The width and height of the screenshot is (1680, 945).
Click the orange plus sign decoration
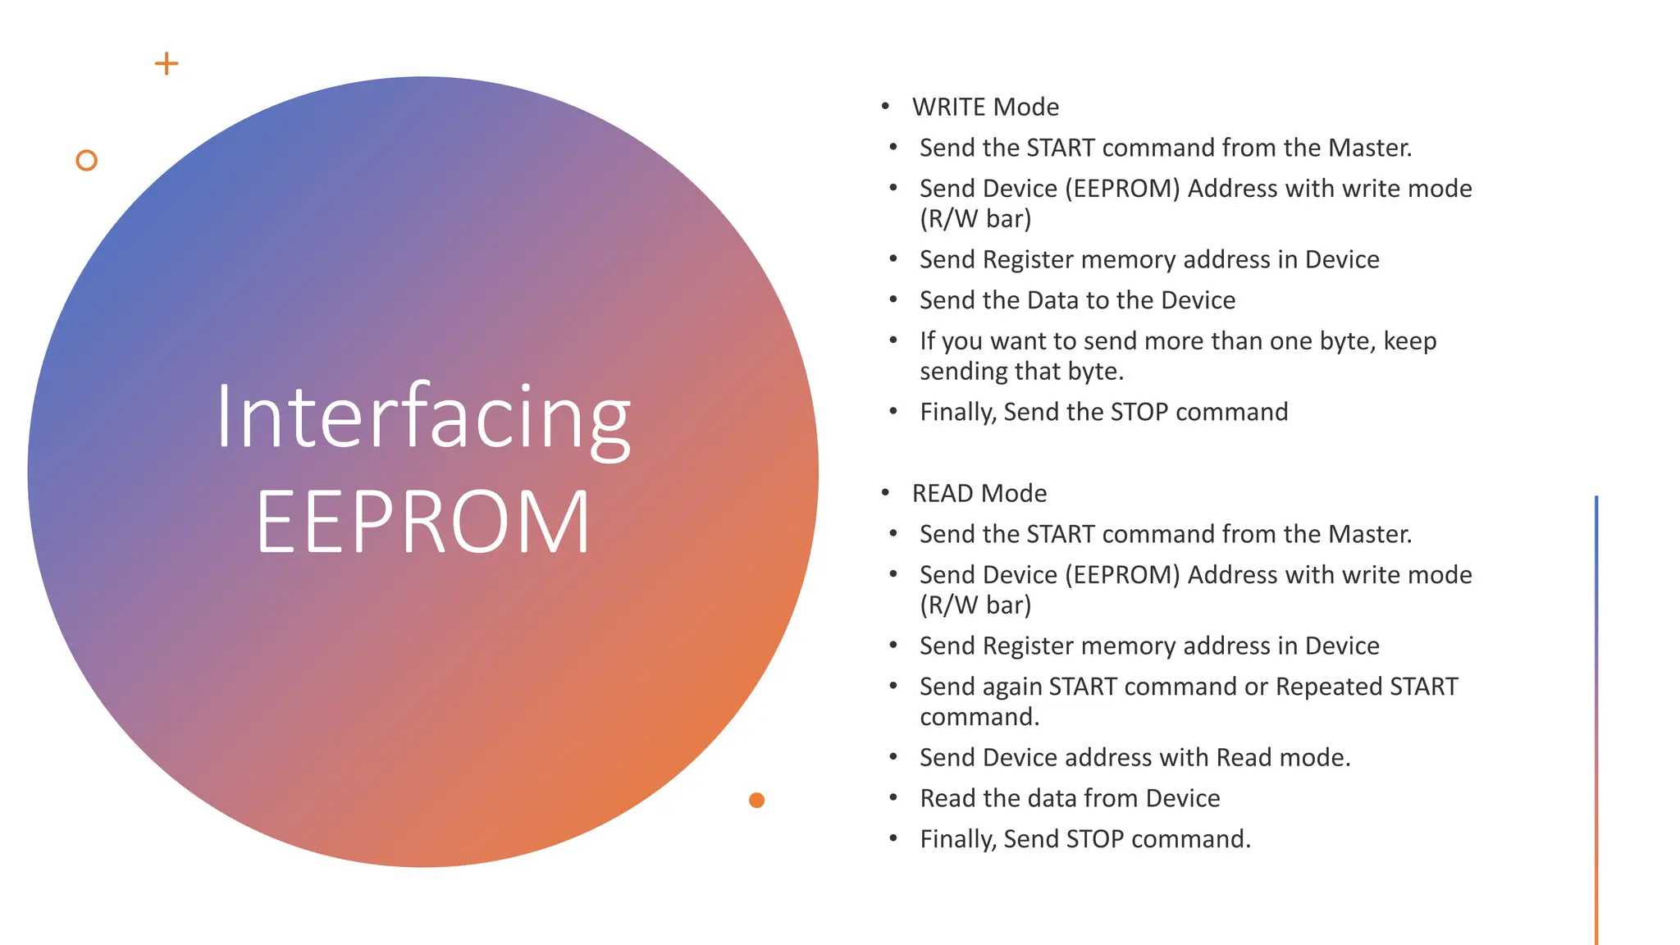(x=167, y=64)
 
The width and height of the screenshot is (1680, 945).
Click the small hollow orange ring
(x=86, y=160)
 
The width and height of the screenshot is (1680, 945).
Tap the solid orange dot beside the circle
(x=756, y=800)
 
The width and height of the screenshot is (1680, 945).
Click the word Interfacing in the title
(x=423, y=418)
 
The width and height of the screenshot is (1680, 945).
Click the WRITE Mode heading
(x=985, y=107)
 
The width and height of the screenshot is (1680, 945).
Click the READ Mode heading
(x=979, y=493)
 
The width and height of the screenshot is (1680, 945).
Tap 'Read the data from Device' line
(x=1070, y=798)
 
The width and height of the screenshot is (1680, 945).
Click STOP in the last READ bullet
(x=1095, y=839)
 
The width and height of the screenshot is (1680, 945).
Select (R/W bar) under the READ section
(x=975, y=605)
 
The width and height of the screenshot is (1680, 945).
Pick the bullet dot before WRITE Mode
(x=885, y=107)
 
